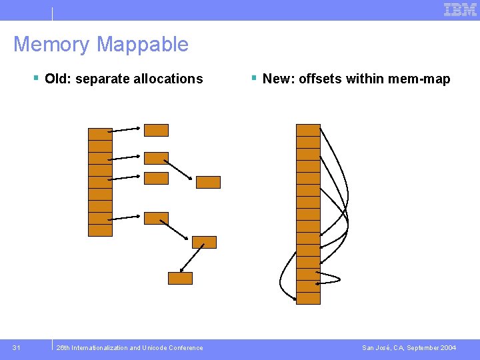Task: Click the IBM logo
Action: pos(460,9)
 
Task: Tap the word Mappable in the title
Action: pos(143,45)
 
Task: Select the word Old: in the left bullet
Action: pos(59,79)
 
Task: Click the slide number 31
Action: pos(17,347)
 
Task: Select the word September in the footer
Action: pos(417,347)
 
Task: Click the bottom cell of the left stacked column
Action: pos(100,230)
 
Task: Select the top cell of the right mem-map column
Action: pos(308,130)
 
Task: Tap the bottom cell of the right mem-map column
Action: pos(308,298)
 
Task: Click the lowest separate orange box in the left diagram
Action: pos(180,278)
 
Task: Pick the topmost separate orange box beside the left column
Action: pos(157,130)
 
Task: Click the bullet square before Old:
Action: pos(36,79)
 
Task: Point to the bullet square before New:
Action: pos(254,79)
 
